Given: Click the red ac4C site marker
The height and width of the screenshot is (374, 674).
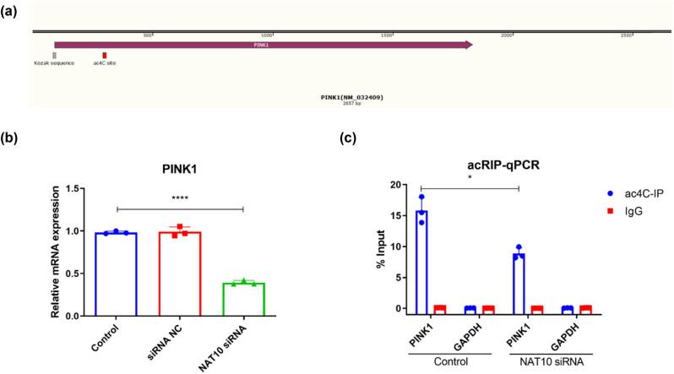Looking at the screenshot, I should [105, 55].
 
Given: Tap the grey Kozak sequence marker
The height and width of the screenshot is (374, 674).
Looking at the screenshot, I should [54, 55].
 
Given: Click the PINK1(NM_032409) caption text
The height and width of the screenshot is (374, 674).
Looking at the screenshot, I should [352, 97].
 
